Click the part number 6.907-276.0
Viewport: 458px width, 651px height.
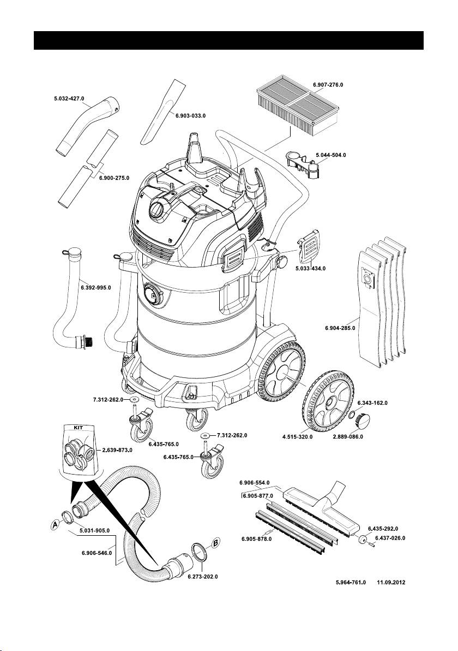pos(328,85)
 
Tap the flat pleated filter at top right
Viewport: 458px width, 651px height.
pos(298,106)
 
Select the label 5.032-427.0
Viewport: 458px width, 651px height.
pos(69,98)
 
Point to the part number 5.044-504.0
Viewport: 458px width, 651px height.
pos(331,155)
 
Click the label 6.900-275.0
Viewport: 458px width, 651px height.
pos(114,177)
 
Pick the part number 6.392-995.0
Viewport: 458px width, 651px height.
pos(96,287)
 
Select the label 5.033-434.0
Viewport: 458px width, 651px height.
pos(310,268)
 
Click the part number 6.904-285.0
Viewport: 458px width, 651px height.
pos(340,328)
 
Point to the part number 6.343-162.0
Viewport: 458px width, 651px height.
pos(372,403)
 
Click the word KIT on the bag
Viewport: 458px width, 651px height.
pos(79,427)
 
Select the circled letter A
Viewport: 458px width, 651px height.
pos(55,525)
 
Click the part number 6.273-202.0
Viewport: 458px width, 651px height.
pos(203,577)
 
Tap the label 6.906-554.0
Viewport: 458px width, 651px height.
pos(255,482)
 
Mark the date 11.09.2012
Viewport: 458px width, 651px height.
pos(391,582)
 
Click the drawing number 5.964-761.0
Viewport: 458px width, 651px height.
pos(351,582)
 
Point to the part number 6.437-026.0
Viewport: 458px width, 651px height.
pos(390,538)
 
